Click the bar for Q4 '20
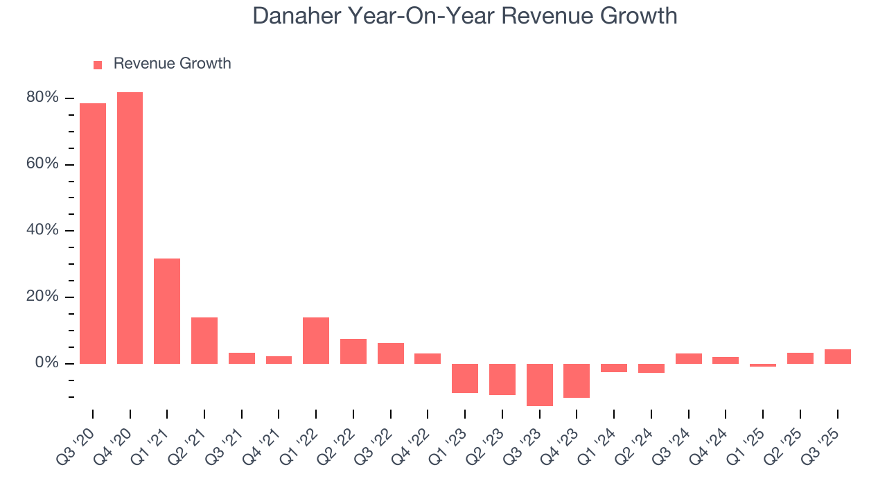click(x=130, y=228)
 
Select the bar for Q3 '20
click(x=93, y=234)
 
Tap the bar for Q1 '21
click(x=167, y=311)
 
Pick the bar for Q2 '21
click(x=204, y=340)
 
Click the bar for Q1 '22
click(x=316, y=340)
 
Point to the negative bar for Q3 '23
click(x=540, y=385)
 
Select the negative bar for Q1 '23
click(x=465, y=378)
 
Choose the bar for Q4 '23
click(x=577, y=380)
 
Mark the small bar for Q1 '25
click(x=763, y=365)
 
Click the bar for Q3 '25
click(x=837, y=356)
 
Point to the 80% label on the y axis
click(x=42, y=98)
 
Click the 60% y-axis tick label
click(x=42, y=164)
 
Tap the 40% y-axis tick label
click(x=42, y=230)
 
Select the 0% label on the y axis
click(x=46, y=363)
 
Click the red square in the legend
click(x=98, y=64)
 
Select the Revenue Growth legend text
click(x=172, y=64)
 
